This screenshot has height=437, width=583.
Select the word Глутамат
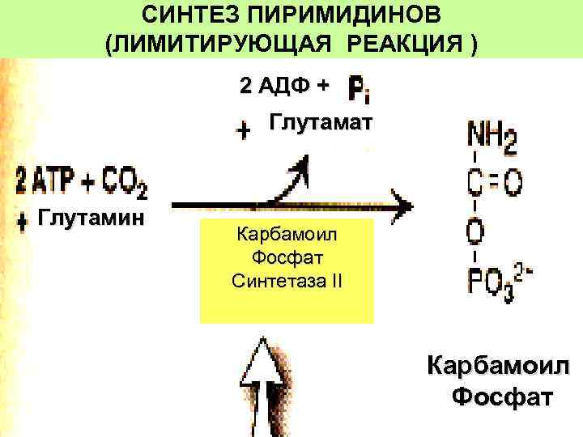(x=321, y=123)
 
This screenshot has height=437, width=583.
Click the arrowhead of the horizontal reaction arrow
(x=400, y=202)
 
